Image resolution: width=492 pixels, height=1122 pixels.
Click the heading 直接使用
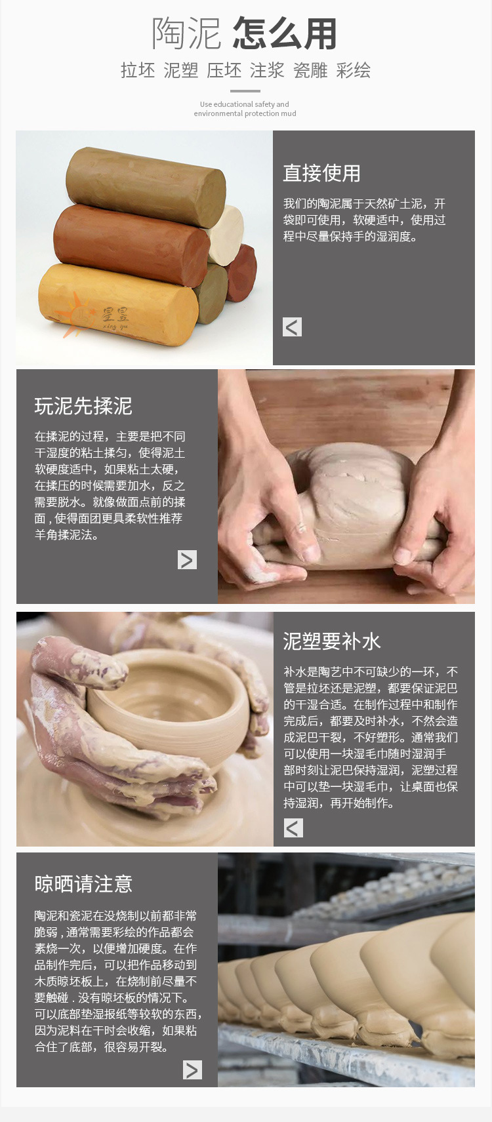coord(321,173)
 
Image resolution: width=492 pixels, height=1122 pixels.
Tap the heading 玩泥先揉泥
coord(83,407)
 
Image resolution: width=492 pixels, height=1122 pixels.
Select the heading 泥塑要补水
coord(331,641)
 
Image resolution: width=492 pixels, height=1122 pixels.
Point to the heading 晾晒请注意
coord(83,884)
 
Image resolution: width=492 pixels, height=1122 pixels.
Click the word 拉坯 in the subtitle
coord(138,70)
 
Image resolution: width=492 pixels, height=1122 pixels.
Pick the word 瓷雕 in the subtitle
coord(310,70)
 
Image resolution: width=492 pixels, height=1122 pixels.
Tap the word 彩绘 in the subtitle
coord(354,70)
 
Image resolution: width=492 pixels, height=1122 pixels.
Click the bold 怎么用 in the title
coord(284,34)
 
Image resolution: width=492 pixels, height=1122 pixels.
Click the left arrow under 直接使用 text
coord(293,327)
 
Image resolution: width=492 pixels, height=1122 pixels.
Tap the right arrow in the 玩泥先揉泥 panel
coord(187,559)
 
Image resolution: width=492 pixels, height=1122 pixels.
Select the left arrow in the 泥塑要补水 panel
coord(293,828)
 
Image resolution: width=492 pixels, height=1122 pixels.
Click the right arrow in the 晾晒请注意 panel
coord(192,1070)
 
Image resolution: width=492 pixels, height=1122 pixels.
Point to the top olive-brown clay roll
coord(146,178)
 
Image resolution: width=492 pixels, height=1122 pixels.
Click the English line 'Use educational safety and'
coord(244,104)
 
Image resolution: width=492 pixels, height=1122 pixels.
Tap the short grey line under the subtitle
coord(245,91)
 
